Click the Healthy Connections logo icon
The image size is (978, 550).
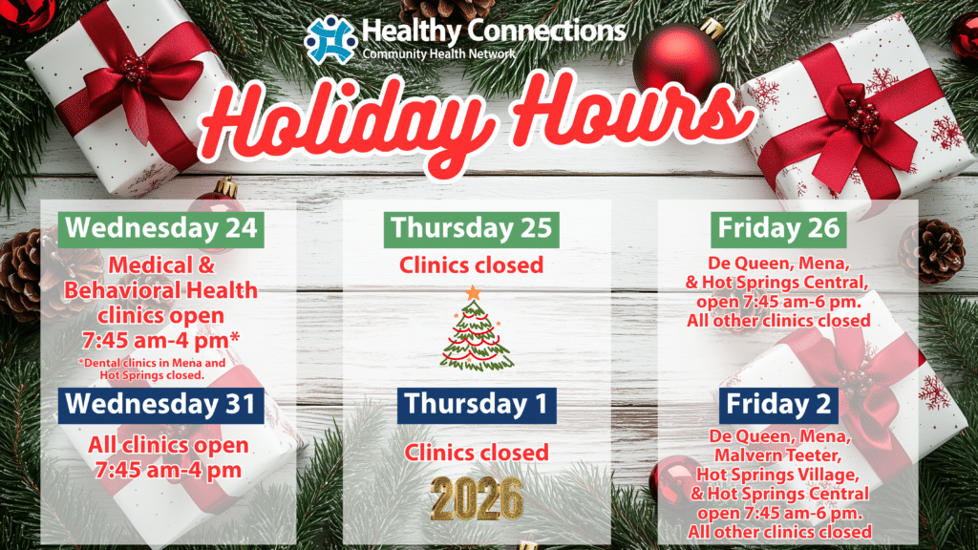pyautogui.click(x=330, y=39)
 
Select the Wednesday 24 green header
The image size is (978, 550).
pyautogui.click(x=160, y=229)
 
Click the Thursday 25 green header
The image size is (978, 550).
pyautogui.click(x=472, y=229)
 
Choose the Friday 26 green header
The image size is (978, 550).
pyautogui.click(x=778, y=229)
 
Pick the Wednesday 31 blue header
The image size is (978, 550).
pyautogui.click(x=160, y=405)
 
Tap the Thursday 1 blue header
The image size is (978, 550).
pyautogui.click(x=477, y=405)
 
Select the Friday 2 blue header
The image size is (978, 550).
pyautogui.click(x=778, y=405)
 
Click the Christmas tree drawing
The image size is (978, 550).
pyautogui.click(x=477, y=330)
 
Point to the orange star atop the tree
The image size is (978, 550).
pyautogui.click(x=474, y=292)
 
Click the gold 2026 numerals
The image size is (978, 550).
pyautogui.click(x=477, y=498)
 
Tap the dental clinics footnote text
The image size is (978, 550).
pyautogui.click(x=152, y=370)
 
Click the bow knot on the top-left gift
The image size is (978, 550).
pyautogui.click(x=134, y=70)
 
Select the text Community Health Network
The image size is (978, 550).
pyautogui.click(x=439, y=54)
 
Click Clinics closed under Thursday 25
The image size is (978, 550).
pyautogui.click(x=472, y=265)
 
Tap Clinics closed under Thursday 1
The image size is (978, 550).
pyautogui.click(x=477, y=453)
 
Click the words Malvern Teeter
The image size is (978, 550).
pyautogui.click(x=778, y=455)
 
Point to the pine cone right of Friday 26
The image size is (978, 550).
pyautogui.click(x=932, y=251)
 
